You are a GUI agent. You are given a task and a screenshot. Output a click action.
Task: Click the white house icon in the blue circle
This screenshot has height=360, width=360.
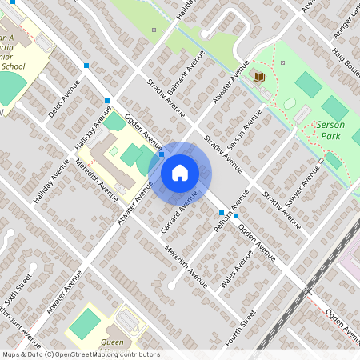tap(180, 172)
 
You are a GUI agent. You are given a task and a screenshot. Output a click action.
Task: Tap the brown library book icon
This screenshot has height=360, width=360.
tap(259, 77)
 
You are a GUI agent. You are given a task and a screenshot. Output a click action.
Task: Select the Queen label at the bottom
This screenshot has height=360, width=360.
tap(112, 342)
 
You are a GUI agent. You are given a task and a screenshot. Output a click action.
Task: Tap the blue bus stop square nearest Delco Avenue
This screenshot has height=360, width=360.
tap(86, 66)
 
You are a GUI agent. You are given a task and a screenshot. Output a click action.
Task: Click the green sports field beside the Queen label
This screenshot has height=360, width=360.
tap(85, 324)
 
